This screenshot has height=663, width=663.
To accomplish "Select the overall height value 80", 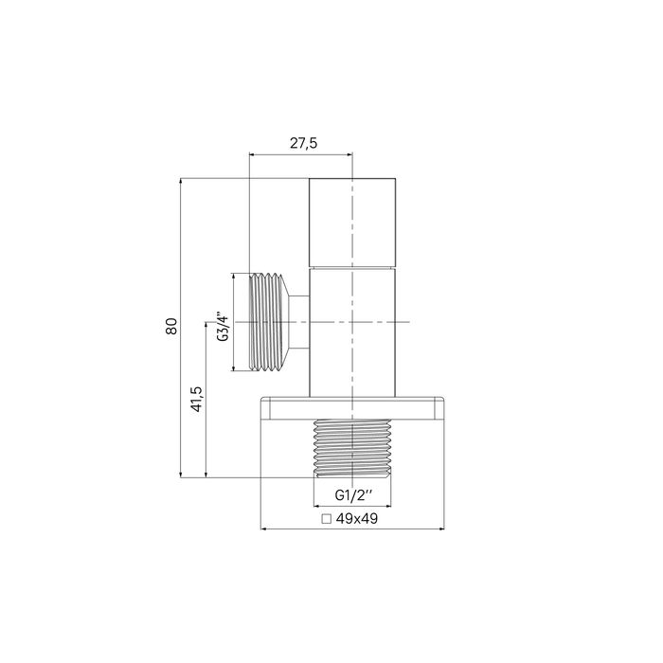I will tap(171, 326).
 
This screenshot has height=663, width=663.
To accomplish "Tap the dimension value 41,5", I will tap(196, 399).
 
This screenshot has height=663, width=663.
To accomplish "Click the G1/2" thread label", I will tap(353, 495).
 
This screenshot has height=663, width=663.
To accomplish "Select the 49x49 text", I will tap(358, 519).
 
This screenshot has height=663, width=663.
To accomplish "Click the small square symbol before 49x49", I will tap(327, 519).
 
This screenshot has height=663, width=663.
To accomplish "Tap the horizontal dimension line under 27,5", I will tap(300, 152).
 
